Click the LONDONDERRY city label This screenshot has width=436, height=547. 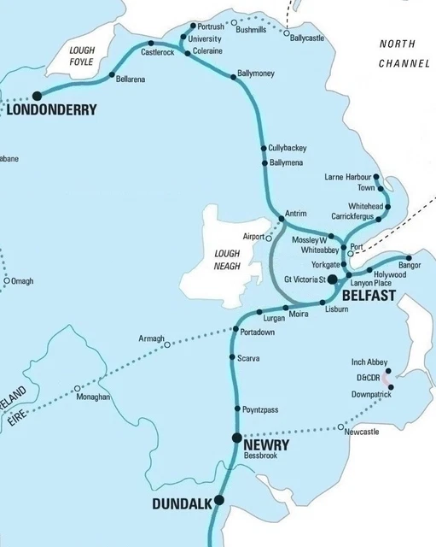(x=52, y=109)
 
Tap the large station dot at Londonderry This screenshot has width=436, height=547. (x=37, y=96)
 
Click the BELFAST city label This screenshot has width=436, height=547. (x=368, y=295)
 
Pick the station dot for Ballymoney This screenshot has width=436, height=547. (x=233, y=78)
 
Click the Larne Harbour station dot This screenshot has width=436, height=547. (x=376, y=177)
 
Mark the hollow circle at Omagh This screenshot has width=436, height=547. (x=7, y=280)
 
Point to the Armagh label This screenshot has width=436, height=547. (x=151, y=339)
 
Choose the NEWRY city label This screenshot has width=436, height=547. (x=266, y=445)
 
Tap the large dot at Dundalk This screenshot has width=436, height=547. (x=219, y=500)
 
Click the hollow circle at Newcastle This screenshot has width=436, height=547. (x=340, y=426)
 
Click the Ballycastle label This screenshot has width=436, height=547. (x=307, y=38)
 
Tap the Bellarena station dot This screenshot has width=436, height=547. (x=113, y=77)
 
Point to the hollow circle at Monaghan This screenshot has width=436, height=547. (x=78, y=387)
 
